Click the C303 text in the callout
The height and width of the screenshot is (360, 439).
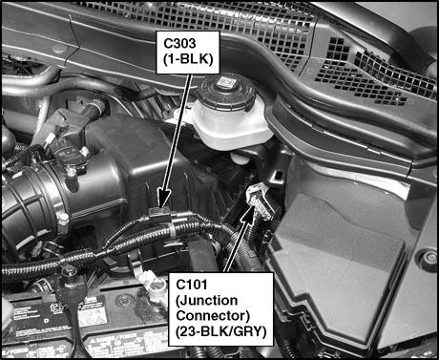pyautogui.click(x=179, y=44)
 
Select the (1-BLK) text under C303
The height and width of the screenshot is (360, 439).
pyautogui.click(x=188, y=59)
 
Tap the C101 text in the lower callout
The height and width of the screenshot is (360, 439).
pyautogui.click(x=191, y=285)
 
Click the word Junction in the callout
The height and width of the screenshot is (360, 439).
pyautogui.click(x=207, y=300)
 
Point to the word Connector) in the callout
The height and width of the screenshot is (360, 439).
pyautogui.click(x=213, y=315)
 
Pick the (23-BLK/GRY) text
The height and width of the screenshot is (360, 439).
pyautogui.click(x=220, y=331)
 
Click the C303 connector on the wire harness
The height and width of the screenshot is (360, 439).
pyautogui.click(x=159, y=214)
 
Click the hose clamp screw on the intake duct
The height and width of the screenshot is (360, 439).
pyautogui.click(x=63, y=220)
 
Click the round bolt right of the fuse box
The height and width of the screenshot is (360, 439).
pyautogui.click(x=429, y=257)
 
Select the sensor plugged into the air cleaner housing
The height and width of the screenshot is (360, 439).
pyautogui.click(x=69, y=143)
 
